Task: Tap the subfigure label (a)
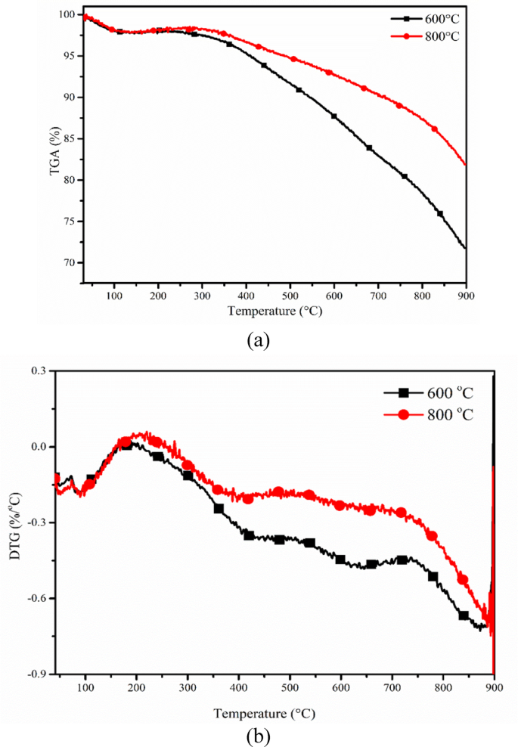[x=257, y=339]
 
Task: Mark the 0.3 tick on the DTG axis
[x=38, y=370]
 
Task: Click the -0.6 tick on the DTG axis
[x=36, y=598]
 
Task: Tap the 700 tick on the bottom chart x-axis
[x=392, y=687]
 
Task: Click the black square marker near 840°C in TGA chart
[x=440, y=214]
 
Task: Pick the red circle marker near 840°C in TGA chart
[x=435, y=129]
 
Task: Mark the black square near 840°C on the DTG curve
[x=464, y=615]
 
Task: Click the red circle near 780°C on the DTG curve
[x=433, y=536]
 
